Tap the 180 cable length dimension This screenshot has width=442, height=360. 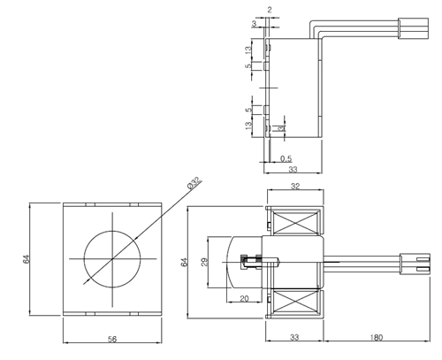pos(376,338)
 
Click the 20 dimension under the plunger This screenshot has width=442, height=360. pos(243,298)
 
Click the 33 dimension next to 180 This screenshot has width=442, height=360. pos(294,338)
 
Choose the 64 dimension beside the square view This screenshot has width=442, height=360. pos(26,261)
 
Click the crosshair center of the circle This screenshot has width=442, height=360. pos(113,258)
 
